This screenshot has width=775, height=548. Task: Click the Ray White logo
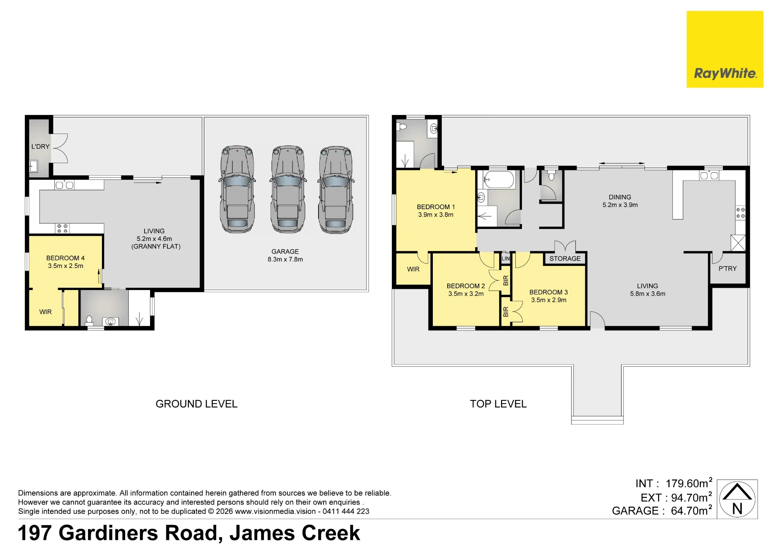click(x=725, y=49)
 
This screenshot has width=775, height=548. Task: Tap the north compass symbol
click(x=737, y=499)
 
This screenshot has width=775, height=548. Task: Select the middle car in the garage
click(x=287, y=189)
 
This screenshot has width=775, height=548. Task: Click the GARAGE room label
click(x=285, y=251)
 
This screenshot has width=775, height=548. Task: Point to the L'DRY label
click(x=40, y=146)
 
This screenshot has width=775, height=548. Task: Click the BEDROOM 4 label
click(x=65, y=258)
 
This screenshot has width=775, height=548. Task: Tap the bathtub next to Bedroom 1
click(x=499, y=180)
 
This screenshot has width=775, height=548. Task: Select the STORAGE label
click(x=565, y=258)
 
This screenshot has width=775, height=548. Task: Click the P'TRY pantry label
click(x=727, y=268)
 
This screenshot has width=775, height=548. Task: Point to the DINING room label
click(x=620, y=197)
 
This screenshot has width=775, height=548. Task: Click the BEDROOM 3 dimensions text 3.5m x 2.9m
click(x=549, y=300)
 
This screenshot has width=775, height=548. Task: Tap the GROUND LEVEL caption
click(x=196, y=404)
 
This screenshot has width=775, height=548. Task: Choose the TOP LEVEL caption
click(x=498, y=404)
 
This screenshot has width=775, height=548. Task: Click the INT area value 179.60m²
click(x=689, y=483)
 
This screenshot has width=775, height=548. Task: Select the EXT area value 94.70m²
click(x=692, y=497)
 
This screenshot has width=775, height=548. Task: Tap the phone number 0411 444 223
click(x=346, y=511)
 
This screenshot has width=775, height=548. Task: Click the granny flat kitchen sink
click(x=64, y=185)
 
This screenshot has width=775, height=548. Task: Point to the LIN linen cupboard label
click(x=506, y=258)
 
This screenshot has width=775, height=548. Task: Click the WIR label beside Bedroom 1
click(x=413, y=269)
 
